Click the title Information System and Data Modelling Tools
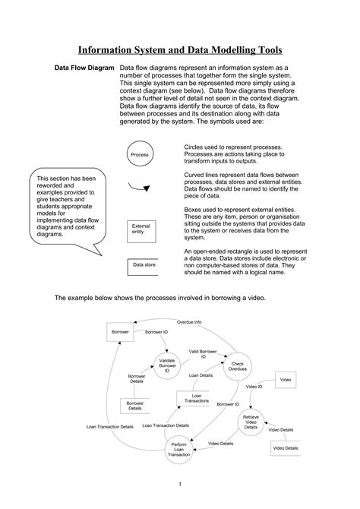180,50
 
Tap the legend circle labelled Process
139,154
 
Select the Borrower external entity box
120,333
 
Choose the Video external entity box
285,378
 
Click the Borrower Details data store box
134,406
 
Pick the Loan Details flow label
201,375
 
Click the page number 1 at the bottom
180,483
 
